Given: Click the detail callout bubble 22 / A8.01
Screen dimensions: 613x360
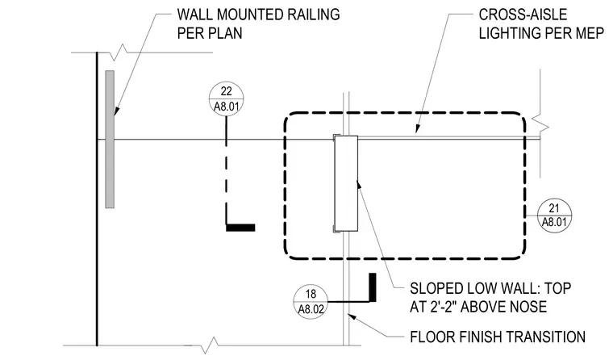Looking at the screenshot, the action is point(227,98).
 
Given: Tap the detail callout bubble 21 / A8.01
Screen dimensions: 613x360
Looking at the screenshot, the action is point(554,216).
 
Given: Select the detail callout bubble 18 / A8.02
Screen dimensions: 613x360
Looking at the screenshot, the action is point(311,302).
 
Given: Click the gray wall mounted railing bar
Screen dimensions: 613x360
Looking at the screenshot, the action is point(110,139).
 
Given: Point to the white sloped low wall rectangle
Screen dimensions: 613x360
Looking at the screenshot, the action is point(346,183).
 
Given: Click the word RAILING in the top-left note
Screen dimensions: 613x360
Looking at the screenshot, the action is point(314,15).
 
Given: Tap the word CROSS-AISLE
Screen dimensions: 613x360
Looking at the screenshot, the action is point(523,15).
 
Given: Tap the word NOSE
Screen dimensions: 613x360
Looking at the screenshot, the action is point(529,307).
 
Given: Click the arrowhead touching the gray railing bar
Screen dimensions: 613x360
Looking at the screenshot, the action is point(116,110).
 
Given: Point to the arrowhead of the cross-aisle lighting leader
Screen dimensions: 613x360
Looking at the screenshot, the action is point(418,128).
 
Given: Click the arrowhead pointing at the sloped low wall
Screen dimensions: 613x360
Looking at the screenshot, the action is point(359,185).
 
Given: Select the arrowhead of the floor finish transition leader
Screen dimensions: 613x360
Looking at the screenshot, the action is point(353,317).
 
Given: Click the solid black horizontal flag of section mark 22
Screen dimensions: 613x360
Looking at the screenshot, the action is point(240,228).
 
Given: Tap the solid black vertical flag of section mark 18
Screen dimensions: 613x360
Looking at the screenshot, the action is point(373,287).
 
